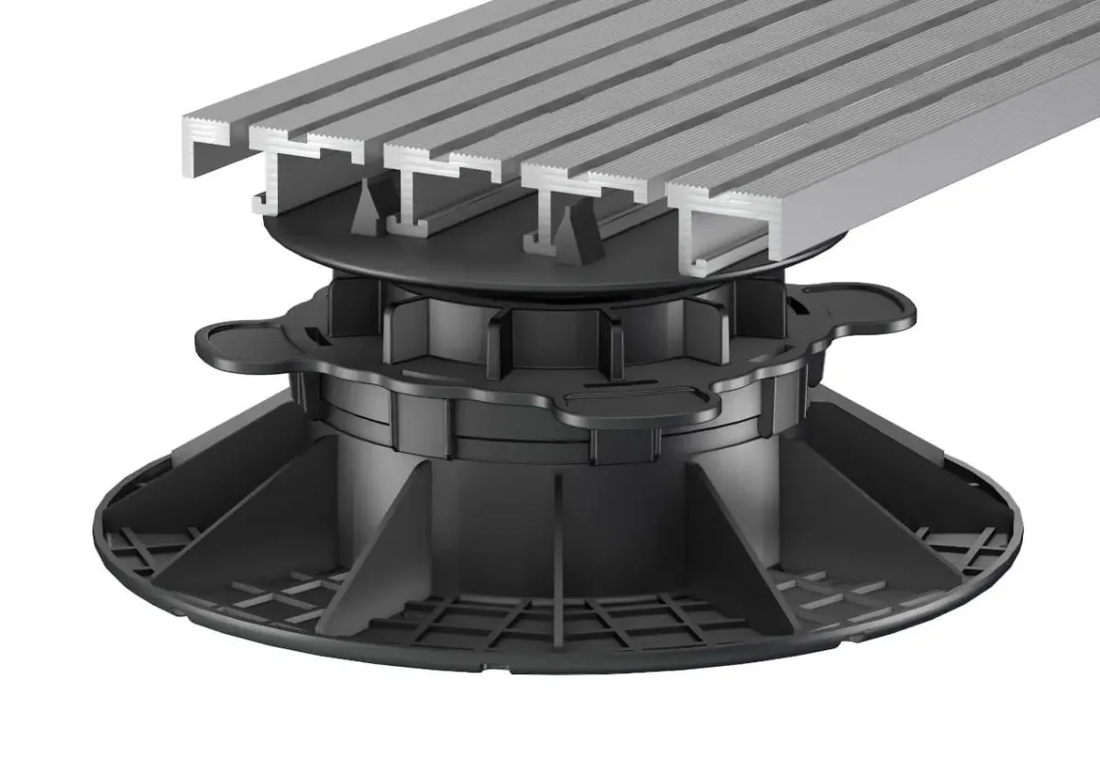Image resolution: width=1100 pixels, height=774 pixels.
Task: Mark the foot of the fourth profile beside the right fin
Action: [x=536, y=240]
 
